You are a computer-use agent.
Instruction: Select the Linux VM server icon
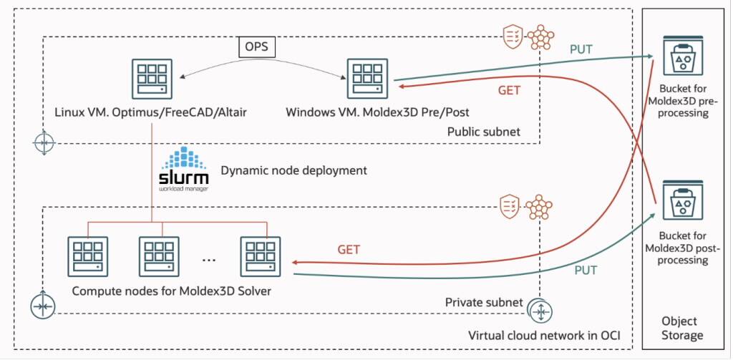(152, 79)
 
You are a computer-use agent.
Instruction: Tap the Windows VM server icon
(367, 79)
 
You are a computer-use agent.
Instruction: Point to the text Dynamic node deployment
(293, 171)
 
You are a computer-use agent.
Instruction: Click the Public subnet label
(483, 132)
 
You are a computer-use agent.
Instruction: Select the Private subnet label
(485, 303)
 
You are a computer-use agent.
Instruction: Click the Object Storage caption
(681, 329)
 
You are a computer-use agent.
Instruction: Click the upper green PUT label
(581, 50)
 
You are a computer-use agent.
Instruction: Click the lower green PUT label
(585, 271)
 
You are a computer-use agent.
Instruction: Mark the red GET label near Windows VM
(508, 91)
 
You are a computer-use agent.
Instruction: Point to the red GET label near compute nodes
(349, 250)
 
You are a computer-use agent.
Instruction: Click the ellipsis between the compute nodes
(209, 259)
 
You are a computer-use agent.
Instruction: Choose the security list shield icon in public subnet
(511, 37)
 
